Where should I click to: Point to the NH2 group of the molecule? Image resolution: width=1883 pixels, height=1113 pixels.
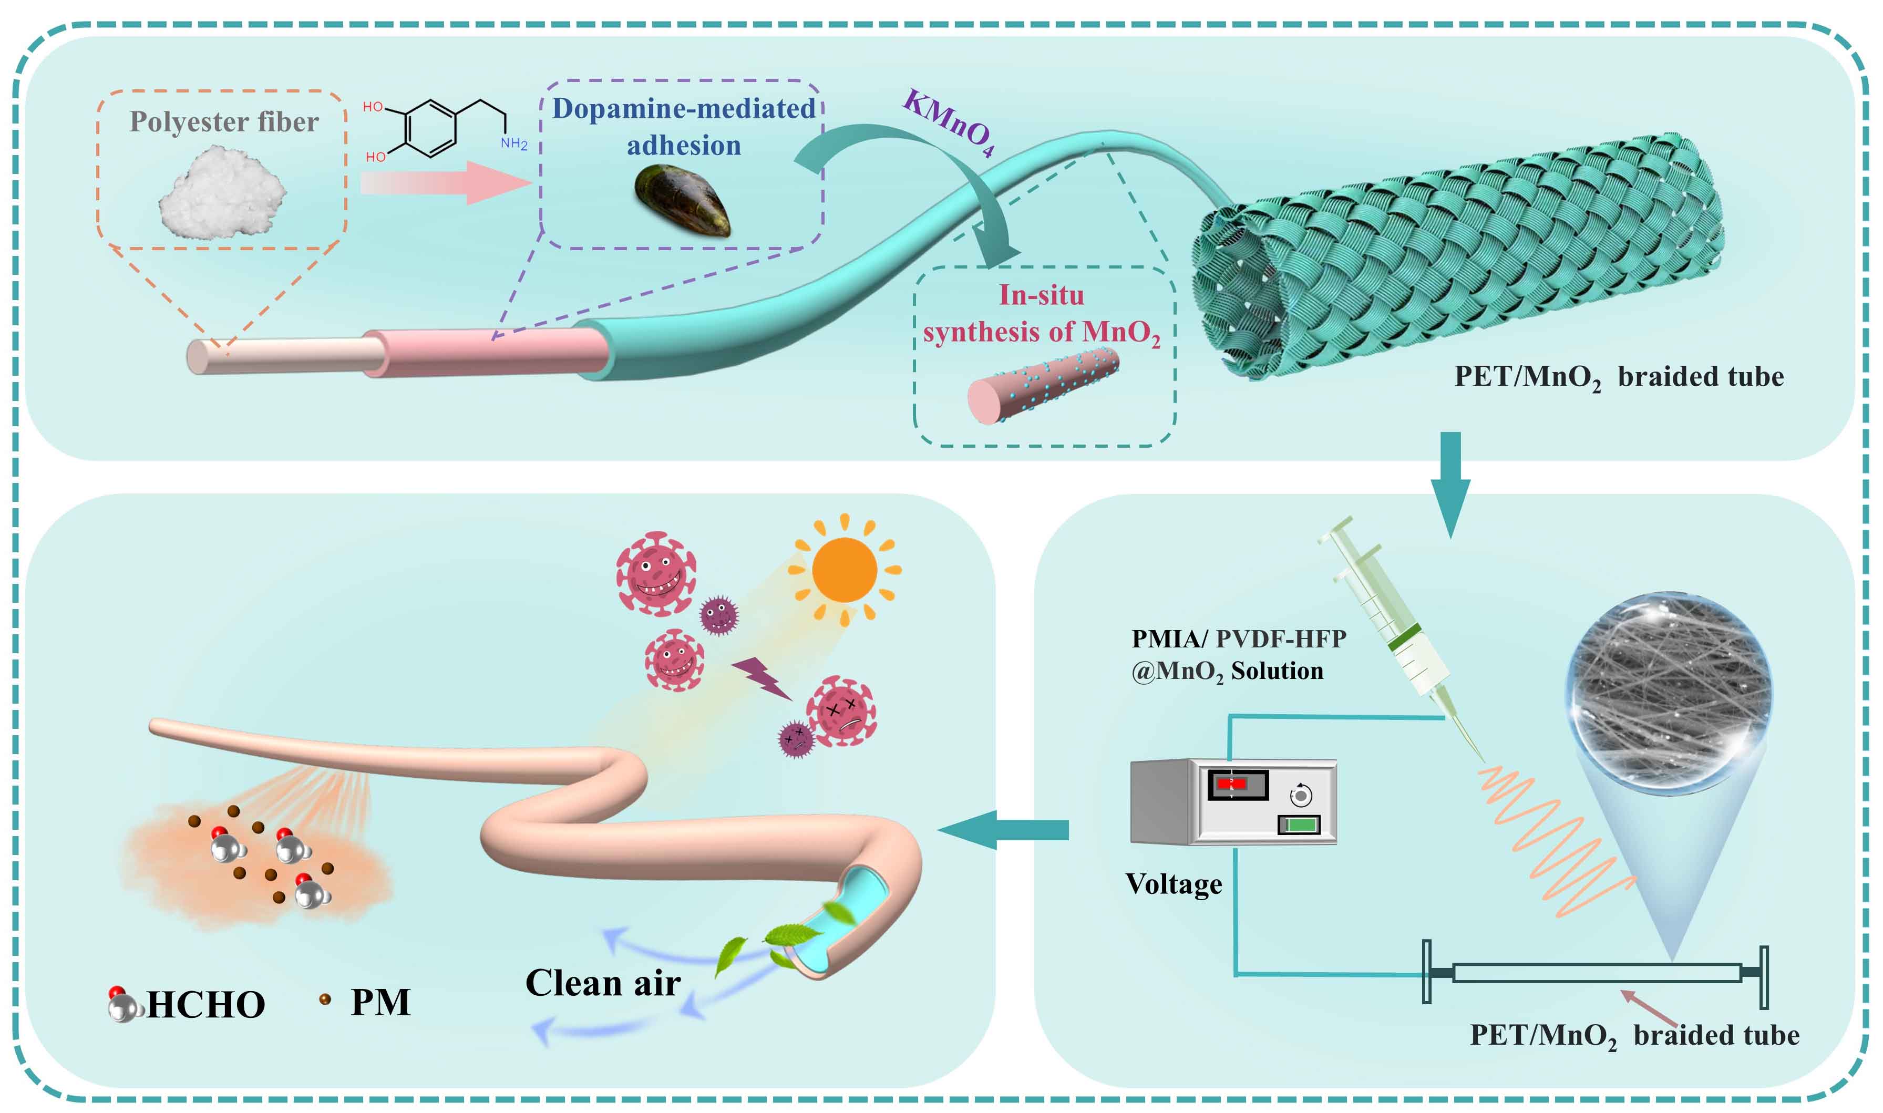[x=515, y=143]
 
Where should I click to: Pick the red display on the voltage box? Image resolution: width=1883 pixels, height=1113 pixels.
[x=1231, y=783]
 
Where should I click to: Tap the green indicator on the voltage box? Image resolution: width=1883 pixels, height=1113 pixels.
[x=1301, y=825]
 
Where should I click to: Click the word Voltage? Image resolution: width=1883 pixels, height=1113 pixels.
[x=1174, y=884]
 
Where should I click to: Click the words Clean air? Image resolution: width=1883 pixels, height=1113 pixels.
[x=603, y=983]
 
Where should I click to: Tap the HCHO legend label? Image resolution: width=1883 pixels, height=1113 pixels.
[x=205, y=1005]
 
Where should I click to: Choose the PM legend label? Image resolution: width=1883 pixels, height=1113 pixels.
[x=380, y=1003]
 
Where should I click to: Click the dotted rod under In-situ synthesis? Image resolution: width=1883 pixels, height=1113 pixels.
[x=1042, y=386]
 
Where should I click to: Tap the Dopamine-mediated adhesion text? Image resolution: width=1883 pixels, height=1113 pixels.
[x=683, y=127]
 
